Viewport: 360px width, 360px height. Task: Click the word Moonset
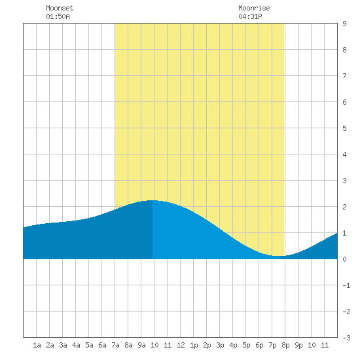pos(60,8)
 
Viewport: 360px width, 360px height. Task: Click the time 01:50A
pos(58,16)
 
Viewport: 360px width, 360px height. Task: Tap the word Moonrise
pos(254,8)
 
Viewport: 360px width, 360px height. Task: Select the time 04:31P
pos(250,16)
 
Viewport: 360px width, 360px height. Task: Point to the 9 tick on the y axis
pos(344,24)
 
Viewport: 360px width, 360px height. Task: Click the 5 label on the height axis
pos(344,128)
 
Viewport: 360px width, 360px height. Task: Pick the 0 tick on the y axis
pos(344,259)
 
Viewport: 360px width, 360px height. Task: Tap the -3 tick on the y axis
pos(346,338)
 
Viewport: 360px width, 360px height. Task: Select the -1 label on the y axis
pos(346,285)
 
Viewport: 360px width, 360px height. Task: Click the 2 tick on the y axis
pos(344,207)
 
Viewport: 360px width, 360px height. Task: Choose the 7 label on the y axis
pos(344,76)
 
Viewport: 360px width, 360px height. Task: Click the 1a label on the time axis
pos(37,345)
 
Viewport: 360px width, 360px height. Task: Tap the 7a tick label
pos(115,345)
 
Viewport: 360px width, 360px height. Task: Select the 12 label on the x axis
pos(181,345)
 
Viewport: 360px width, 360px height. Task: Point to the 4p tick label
pos(233,345)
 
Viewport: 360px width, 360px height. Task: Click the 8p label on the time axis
pos(285,345)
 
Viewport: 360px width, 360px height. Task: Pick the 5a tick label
pos(89,345)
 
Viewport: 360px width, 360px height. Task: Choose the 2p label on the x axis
pos(207,345)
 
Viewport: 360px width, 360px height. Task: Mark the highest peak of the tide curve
pos(152,200)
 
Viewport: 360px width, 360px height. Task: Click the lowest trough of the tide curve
pos(278,256)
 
